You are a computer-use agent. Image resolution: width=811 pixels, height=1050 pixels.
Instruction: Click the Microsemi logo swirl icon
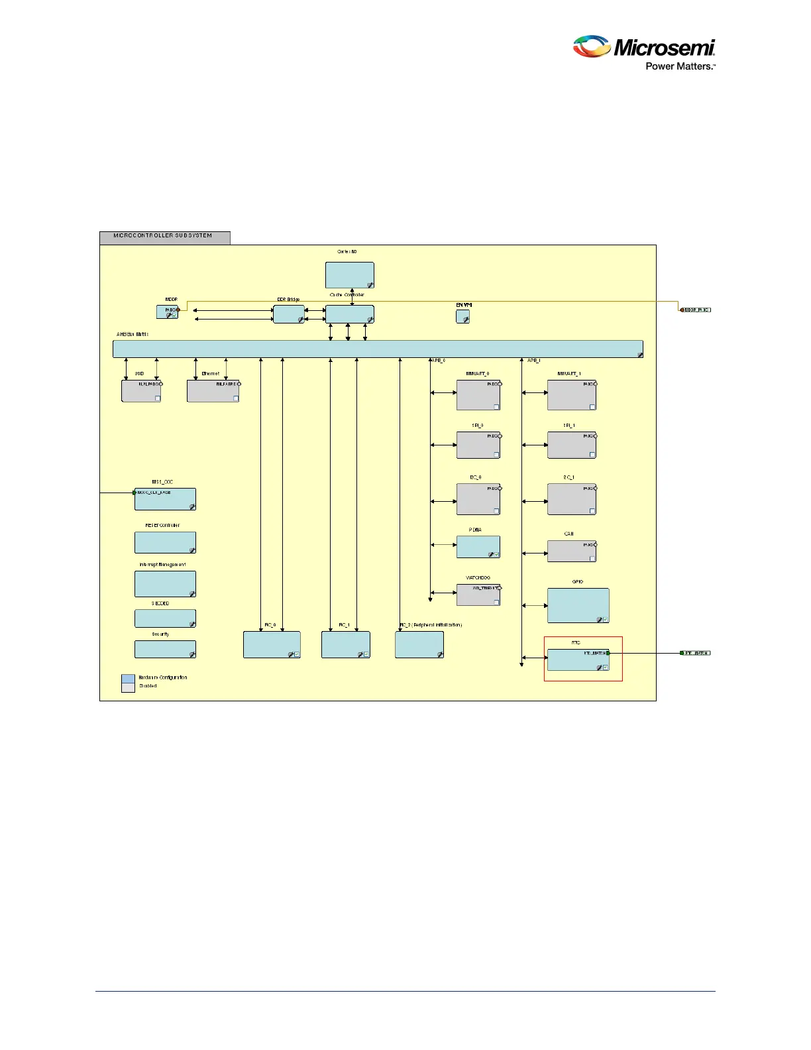tap(592, 48)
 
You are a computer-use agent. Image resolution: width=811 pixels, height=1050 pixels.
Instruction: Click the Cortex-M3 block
tap(349, 275)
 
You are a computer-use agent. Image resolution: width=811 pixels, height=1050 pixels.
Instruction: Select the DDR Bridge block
tap(289, 314)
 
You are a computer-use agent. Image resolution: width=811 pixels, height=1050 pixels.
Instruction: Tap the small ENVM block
tap(462, 316)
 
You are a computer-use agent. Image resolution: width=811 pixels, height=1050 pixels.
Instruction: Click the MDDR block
tap(168, 312)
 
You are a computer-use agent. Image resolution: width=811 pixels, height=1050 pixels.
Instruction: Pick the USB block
tap(141, 391)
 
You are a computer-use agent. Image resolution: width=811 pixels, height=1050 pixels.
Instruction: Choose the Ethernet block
tap(213, 391)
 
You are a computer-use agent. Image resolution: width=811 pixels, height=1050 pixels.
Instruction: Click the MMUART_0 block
tap(478, 395)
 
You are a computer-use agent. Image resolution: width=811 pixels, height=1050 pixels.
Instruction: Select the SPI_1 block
tap(571, 445)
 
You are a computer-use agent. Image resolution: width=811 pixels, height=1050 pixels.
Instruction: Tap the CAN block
tap(571, 552)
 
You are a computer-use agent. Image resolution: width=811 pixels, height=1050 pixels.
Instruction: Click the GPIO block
tap(578, 605)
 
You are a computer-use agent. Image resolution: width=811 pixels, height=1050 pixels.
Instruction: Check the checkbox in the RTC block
tap(606, 667)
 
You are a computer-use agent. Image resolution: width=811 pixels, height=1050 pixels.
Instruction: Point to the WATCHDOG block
tap(478, 595)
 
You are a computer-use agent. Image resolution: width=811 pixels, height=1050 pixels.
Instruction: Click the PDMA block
tap(478, 547)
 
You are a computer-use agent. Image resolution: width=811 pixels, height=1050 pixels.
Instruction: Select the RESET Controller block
tap(165, 542)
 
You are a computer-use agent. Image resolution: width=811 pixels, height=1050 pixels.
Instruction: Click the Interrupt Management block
tap(165, 584)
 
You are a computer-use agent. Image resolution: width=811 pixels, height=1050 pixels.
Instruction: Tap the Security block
tap(165, 649)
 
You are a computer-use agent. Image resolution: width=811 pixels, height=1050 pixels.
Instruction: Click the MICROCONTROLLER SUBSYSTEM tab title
tap(163, 236)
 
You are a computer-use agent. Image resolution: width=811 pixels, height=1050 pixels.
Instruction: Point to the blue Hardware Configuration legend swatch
tap(128, 678)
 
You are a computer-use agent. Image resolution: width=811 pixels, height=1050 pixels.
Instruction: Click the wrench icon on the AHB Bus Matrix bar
tap(640, 355)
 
